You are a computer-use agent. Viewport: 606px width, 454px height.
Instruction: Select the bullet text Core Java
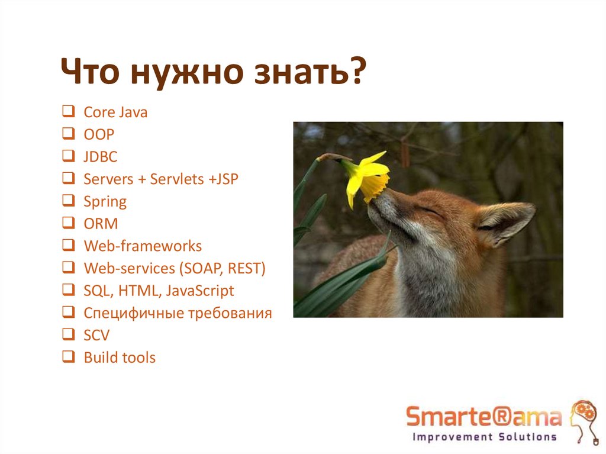tap(115, 112)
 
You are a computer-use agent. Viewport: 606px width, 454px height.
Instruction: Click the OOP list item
tap(99, 134)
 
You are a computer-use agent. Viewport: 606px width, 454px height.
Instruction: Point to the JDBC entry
tap(101, 157)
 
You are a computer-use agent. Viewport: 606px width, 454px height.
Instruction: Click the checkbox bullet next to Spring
tap(68, 201)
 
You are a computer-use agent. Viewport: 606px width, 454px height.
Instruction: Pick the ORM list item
tap(101, 224)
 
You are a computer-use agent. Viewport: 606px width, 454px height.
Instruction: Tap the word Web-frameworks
tap(143, 246)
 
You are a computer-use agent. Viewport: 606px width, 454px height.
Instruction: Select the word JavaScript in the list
tap(200, 291)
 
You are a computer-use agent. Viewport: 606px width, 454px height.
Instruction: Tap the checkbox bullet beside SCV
tap(68, 335)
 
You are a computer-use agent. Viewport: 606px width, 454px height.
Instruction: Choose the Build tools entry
tap(120, 358)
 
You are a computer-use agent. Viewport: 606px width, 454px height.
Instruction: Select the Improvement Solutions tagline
tap(483, 437)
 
